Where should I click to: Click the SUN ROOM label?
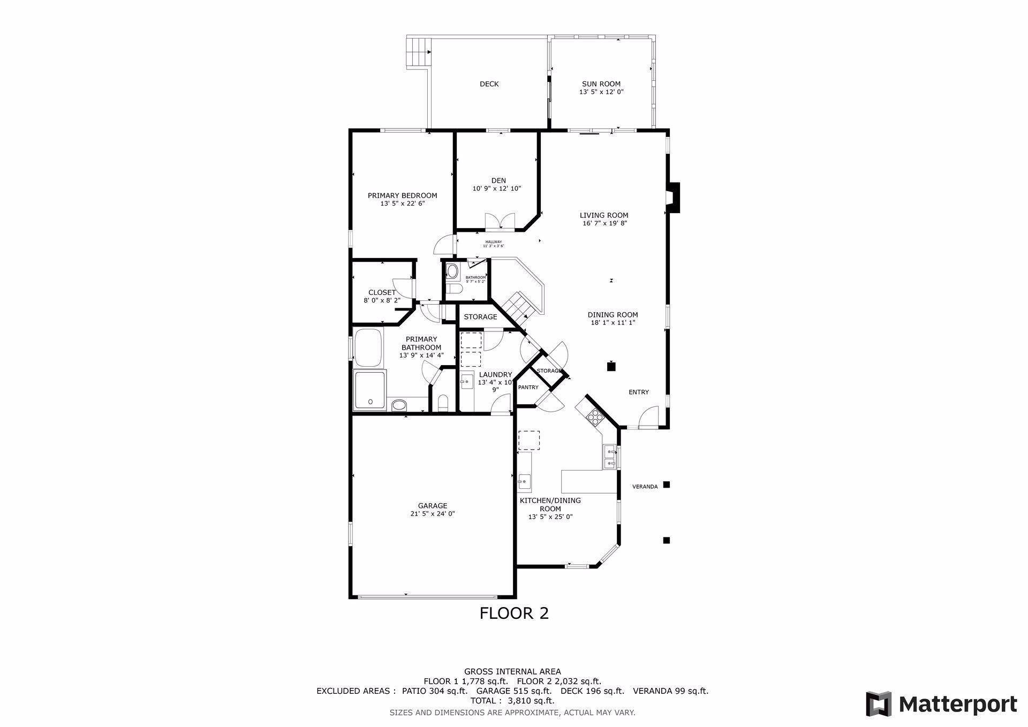coord(601,84)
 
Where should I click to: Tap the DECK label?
coord(489,84)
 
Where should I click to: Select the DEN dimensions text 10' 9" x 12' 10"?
coord(496,188)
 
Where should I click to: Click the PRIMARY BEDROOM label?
coord(402,195)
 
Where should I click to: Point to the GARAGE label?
coord(433,505)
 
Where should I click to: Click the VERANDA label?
coord(645,487)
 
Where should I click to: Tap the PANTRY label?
coord(528,387)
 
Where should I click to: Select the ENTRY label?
coord(638,392)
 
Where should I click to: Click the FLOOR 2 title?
coord(513,613)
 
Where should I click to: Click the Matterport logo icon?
coord(879,703)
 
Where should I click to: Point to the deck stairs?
coord(418,52)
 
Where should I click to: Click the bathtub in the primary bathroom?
coord(368,346)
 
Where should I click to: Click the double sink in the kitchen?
coord(609,457)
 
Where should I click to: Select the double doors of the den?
coord(500,221)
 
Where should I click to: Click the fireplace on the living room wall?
coord(672,198)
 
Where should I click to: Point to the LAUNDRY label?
coord(495,374)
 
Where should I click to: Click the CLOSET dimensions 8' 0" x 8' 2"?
coord(382,300)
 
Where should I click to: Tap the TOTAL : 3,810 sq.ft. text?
coord(512,700)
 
